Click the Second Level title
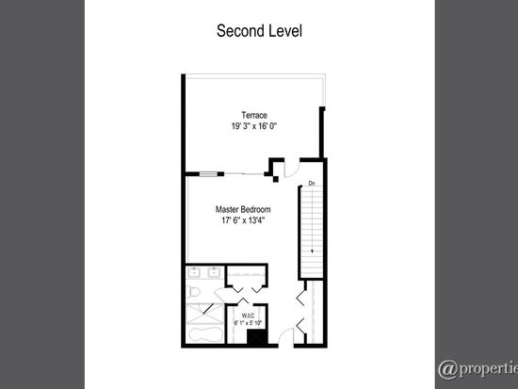coord(259,31)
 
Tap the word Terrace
coord(254,115)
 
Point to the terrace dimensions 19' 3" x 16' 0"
coord(254,126)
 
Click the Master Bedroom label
coord(243,209)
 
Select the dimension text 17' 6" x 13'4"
coord(243,220)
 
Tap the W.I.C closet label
coord(248,316)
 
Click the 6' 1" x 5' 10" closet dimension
coord(248,323)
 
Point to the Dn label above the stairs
coord(312,183)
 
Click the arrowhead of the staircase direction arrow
coord(312,251)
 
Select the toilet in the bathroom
coord(193,292)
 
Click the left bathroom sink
coord(194,272)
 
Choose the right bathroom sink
coord(214,272)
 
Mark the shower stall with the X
coord(205,314)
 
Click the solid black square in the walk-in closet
coord(257,337)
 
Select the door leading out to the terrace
coord(292,169)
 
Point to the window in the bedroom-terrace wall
coord(208,174)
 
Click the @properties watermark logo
coord(478,368)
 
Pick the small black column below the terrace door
coord(276,179)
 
